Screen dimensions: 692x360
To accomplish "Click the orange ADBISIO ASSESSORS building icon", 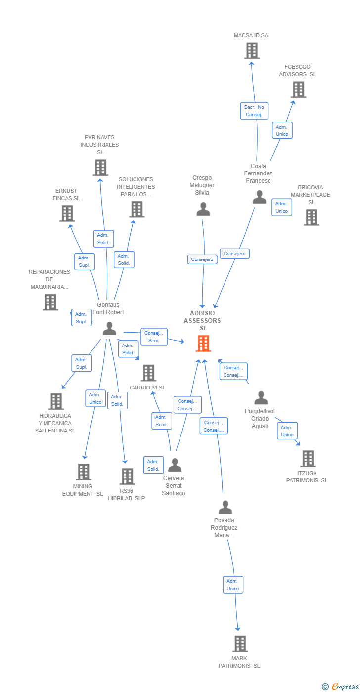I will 203,343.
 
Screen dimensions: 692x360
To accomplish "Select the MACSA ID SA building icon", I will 252,50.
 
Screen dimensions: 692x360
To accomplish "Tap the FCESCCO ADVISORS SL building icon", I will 298,89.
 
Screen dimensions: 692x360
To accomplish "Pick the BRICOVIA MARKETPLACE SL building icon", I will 312,217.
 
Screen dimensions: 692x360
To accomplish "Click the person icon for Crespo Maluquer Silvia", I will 203,209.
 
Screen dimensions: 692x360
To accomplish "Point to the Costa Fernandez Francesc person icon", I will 259,197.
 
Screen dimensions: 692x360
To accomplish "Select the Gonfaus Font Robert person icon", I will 109,328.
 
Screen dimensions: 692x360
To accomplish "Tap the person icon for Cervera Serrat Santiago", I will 175,465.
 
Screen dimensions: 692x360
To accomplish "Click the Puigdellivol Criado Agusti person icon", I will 261,398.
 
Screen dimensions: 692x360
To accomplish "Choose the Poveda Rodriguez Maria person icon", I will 225,507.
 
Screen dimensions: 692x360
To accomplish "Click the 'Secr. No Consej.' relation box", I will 254,111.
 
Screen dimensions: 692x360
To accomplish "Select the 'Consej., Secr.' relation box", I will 154,337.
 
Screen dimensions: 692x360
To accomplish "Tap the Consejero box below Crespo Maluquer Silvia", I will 202,259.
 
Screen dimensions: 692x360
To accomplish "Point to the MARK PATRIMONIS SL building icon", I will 240,644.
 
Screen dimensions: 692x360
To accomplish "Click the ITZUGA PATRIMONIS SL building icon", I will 308,458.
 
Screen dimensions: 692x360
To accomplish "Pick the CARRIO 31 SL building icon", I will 148,373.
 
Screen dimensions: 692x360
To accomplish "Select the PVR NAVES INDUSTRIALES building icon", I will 100,168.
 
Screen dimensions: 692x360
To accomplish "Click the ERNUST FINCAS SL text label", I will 66,194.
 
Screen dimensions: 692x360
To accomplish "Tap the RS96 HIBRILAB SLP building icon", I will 127,476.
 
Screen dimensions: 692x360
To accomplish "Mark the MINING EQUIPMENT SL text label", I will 83,490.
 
